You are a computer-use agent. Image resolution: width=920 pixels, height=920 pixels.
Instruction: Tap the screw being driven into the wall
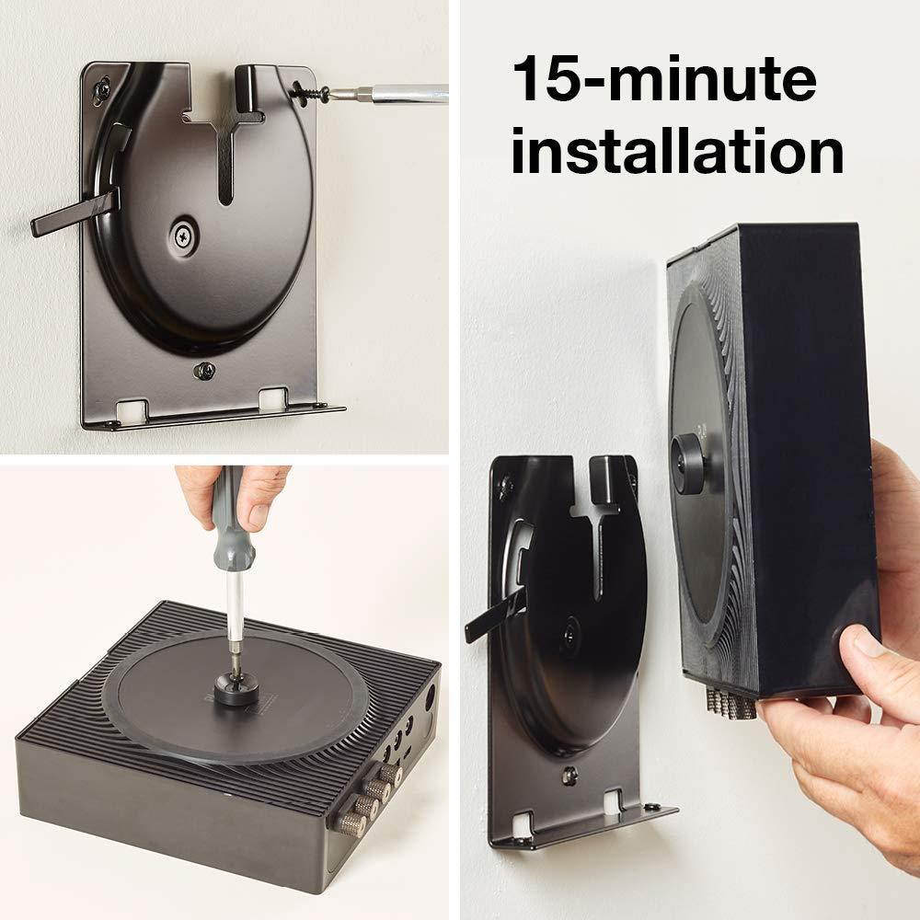click(311, 92)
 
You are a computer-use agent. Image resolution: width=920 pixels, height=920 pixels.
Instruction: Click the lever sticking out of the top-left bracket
click(74, 211)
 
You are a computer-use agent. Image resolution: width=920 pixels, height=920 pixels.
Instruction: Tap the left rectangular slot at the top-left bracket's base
click(135, 405)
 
